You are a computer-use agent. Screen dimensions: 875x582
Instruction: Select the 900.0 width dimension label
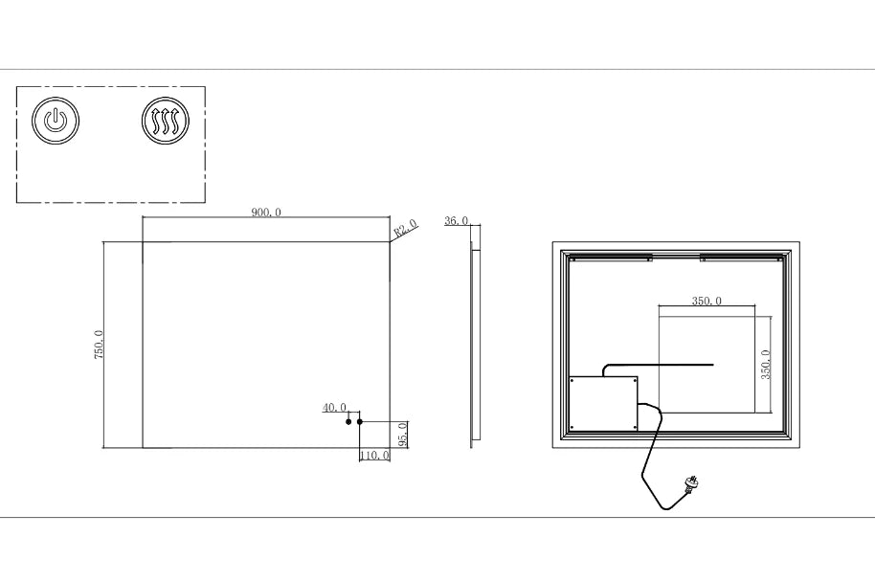pyautogui.click(x=266, y=213)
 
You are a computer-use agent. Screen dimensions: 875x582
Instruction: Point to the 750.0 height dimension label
pyautogui.click(x=99, y=345)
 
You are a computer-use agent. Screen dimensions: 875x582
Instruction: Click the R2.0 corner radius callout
pyautogui.click(x=406, y=228)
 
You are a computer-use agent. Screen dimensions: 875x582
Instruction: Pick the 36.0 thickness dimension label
pyautogui.click(x=456, y=221)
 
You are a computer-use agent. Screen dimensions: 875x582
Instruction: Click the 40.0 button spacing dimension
pyautogui.click(x=334, y=408)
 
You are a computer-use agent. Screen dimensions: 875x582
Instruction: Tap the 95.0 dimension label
pyautogui.click(x=403, y=435)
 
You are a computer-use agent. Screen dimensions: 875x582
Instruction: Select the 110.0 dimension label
pyautogui.click(x=374, y=456)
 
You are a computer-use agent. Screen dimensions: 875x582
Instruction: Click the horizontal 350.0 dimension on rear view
pyautogui.click(x=707, y=301)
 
